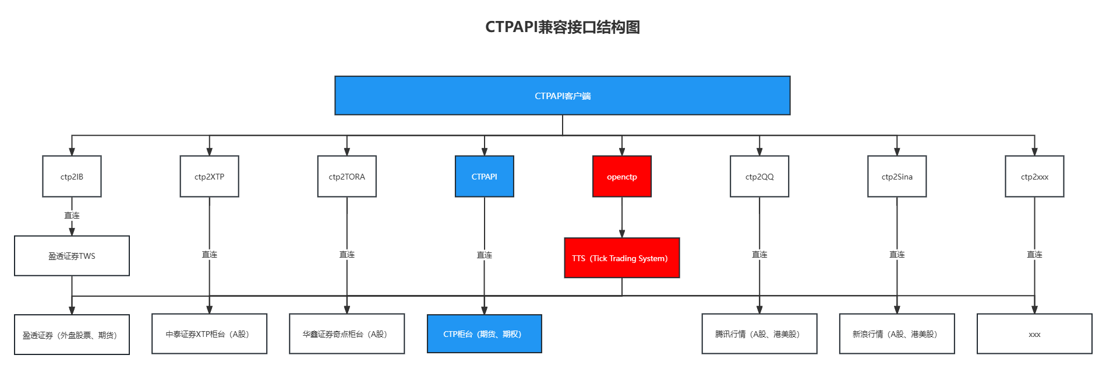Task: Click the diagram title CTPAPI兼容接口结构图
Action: [x=563, y=27]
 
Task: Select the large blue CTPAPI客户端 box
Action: [x=563, y=96]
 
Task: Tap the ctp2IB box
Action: [x=72, y=177]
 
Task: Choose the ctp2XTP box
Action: [x=210, y=177]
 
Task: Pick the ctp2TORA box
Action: [x=347, y=177]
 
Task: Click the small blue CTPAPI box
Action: [x=485, y=177]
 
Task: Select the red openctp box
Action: [x=622, y=177]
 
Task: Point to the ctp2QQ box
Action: [x=759, y=177]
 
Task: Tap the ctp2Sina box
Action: [x=897, y=177]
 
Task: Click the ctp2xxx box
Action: [x=1034, y=177]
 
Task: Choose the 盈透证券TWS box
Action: [x=72, y=256]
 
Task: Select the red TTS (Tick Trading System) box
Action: [x=622, y=258]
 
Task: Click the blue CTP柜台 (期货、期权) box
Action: [x=485, y=334]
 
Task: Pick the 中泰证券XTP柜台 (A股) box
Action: [x=210, y=334]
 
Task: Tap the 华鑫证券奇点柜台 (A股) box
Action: [x=347, y=334]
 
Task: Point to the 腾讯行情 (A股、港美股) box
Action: [x=759, y=334]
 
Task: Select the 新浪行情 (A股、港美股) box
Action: [x=897, y=334]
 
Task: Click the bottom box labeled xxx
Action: [x=1034, y=334]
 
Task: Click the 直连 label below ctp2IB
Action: [x=72, y=216]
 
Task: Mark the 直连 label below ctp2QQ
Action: [x=759, y=255]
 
